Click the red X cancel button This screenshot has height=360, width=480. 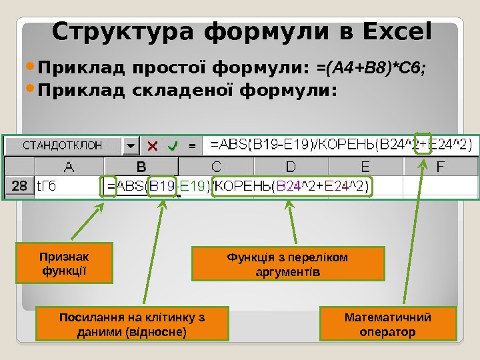(153, 145)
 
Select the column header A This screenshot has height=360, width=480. (68, 167)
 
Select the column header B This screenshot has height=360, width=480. (141, 167)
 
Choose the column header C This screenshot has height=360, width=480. (217, 167)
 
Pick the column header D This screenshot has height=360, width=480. (291, 167)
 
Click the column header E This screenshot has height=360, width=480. (365, 167)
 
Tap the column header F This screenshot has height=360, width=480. (441, 167)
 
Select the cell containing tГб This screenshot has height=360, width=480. (67, 187)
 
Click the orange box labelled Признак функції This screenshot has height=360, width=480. (64, 263)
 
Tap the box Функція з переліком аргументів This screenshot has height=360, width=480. (288, 264)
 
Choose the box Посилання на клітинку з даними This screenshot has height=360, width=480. (131, 324)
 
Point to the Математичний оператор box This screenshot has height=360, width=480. (387, 324)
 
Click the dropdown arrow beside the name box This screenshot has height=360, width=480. (130, 145)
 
